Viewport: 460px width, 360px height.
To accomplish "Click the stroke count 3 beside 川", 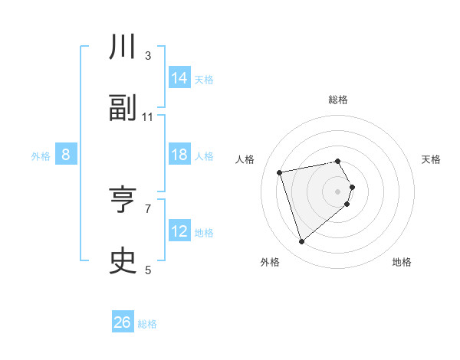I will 148,56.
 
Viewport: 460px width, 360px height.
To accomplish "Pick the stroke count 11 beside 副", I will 148,117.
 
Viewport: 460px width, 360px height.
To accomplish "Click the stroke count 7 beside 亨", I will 148,208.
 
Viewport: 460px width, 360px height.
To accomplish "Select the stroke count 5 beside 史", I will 148,270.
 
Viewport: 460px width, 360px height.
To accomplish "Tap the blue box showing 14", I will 179,78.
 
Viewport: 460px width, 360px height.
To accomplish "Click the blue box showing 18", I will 179,155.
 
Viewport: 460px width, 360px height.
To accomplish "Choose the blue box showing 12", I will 179,231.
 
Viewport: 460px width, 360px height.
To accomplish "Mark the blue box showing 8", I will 66,155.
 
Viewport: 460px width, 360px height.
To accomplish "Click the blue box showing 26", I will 123,322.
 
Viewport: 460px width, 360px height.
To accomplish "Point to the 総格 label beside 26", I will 147,324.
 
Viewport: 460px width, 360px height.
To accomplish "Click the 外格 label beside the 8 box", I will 41,156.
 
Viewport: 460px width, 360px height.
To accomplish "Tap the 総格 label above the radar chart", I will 338,100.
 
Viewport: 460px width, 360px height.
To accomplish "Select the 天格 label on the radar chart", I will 432,159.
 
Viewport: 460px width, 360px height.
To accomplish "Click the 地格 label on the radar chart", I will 402,262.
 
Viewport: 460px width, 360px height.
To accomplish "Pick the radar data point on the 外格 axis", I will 301,242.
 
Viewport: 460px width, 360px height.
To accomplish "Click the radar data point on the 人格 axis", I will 280,172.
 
